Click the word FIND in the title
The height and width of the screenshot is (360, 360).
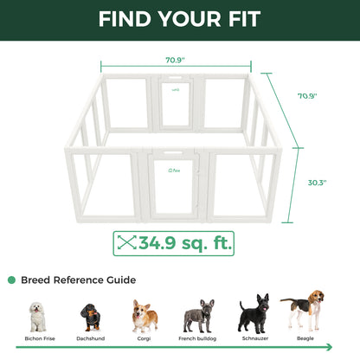coord(128,18)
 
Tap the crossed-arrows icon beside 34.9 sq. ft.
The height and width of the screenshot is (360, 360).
coord(129,243)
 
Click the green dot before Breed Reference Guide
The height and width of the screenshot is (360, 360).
coord(11,280)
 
